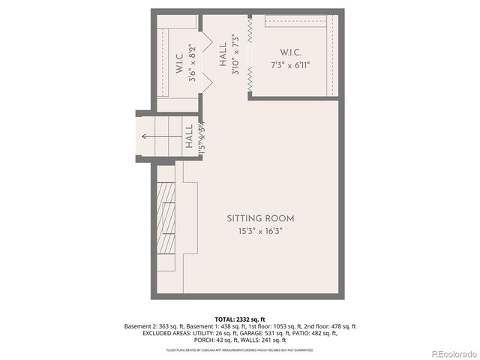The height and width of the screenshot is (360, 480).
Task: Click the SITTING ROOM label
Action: pos(260,218)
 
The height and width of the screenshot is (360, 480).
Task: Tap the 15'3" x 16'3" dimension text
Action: pos(260,231)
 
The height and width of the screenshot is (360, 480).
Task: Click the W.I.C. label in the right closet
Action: pos(290,52)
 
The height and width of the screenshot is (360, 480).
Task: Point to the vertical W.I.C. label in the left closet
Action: pos(180,62)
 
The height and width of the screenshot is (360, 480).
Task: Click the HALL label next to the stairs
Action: pos(189,136)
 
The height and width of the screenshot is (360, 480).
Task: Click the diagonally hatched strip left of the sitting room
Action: pos(166,223)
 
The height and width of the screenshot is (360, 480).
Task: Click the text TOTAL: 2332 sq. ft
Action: pos(240,319)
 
